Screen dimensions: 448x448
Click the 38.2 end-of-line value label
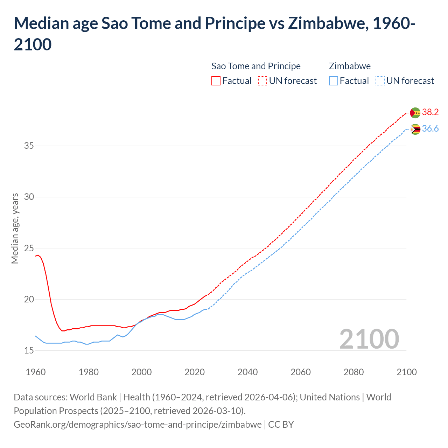430,112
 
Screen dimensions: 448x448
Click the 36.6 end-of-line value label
430,129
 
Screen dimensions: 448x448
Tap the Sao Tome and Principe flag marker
415,113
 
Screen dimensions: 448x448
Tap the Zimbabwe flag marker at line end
415,129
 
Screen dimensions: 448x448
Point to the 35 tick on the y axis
29,146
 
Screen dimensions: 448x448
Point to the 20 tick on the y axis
29,299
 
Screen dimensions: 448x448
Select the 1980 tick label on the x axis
89,372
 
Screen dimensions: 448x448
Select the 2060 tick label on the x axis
301,372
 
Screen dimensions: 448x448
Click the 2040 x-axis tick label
247,372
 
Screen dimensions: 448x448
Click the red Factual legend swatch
216,81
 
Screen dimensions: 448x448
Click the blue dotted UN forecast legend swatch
380,81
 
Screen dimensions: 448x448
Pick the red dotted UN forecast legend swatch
262,81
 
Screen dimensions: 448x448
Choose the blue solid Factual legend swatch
334,81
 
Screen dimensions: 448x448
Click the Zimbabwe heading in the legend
350,66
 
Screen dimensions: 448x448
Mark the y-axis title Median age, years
15,228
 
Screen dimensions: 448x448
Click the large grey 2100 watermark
369,339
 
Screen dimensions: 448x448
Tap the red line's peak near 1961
38,255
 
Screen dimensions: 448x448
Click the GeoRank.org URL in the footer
138,425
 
